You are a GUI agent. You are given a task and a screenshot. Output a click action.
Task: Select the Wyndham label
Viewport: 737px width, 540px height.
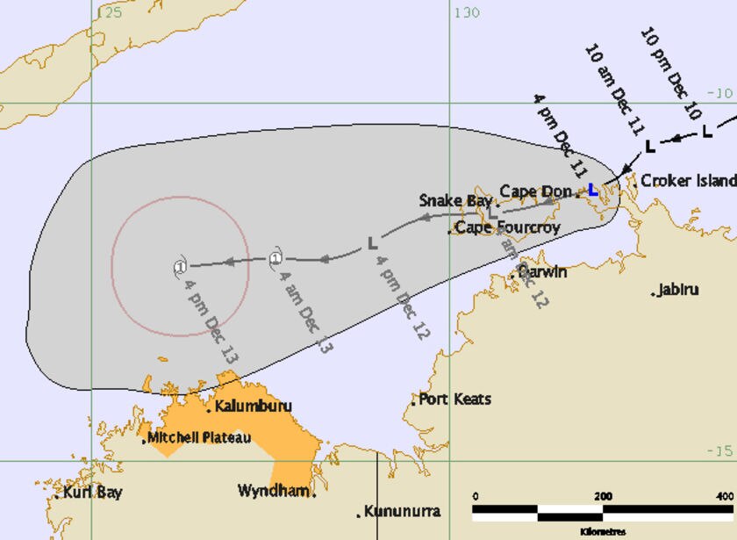click(273, 491)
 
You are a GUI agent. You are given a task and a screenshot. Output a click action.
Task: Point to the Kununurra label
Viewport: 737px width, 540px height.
click(402, 511)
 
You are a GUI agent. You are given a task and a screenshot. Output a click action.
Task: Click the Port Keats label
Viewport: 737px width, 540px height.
click(454, 400)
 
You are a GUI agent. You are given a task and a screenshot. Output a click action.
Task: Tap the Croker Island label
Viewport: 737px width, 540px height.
click(688, 181)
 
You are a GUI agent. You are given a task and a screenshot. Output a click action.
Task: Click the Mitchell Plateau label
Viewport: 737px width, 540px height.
click(199, 437)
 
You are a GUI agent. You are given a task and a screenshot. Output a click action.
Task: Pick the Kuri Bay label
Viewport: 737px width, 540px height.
click(91, 493)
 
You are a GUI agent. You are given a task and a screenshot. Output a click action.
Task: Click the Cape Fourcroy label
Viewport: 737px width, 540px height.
click(506, 228)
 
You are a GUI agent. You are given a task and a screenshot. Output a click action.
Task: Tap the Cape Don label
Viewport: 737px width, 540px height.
click(535, 191)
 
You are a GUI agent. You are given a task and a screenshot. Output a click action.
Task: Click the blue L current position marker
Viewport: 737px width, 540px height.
click(593, 189)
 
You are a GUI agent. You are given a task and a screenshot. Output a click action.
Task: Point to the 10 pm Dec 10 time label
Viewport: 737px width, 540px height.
click(675, 63)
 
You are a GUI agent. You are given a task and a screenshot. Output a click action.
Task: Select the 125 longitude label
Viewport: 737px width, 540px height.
click(109, 12)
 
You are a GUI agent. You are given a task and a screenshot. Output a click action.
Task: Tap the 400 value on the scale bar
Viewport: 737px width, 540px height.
click(725, 497)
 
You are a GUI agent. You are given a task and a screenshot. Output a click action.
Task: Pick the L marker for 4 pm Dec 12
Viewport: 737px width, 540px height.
click(372, 241)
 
